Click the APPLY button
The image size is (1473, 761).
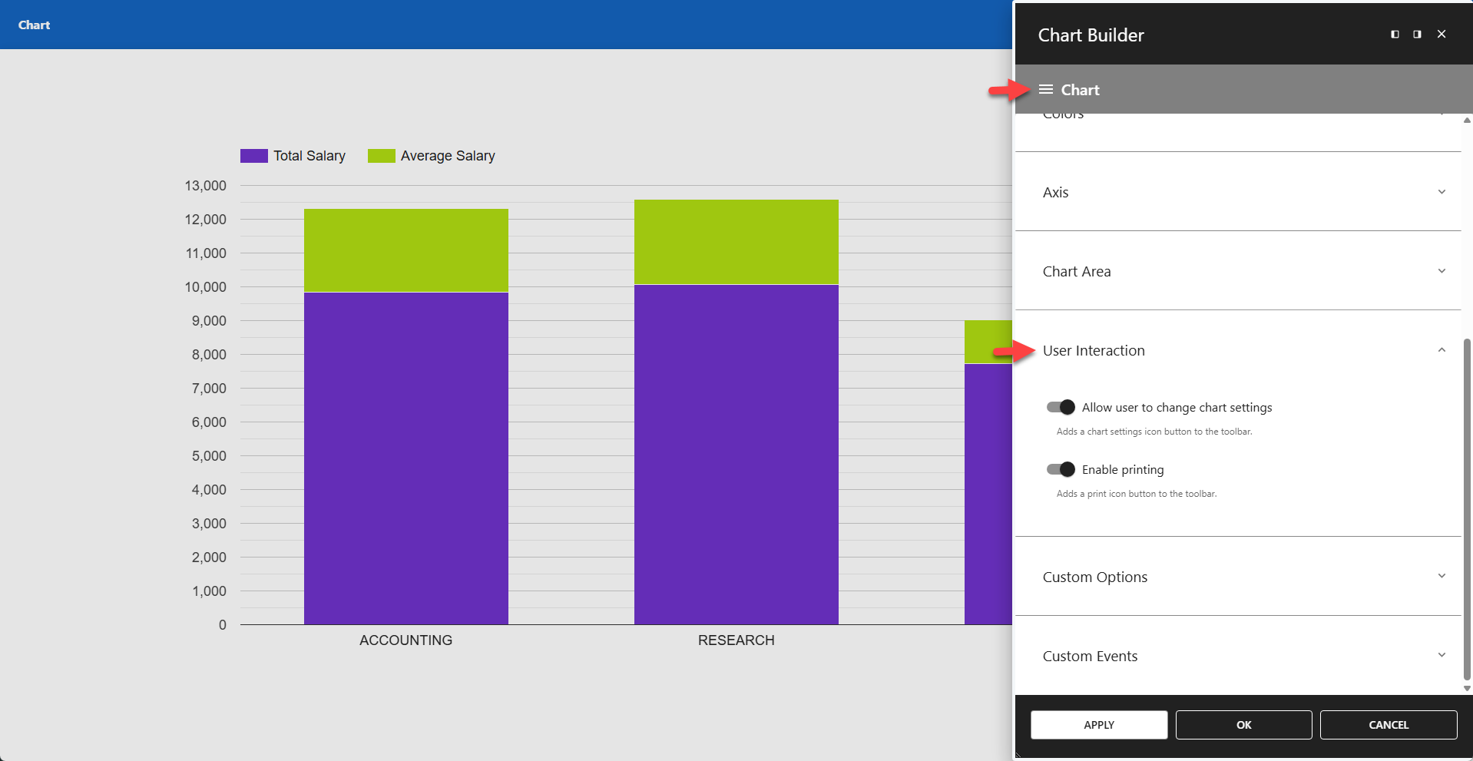pos(1098,725)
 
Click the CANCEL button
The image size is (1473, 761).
pos(1388,725)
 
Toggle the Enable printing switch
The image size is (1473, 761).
pos(1061,469)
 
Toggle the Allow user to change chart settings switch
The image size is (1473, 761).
pos(1061,407)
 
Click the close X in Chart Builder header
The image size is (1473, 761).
pos(1441,34)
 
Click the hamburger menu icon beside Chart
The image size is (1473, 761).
pos(1045,90)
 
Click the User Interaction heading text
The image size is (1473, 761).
pos(1093,351)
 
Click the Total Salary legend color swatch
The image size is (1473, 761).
pos(253,156)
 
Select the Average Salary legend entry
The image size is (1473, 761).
pos(447,156)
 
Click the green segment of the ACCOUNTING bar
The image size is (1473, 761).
pos(405,250)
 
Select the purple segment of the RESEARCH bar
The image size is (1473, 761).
pos(736,453)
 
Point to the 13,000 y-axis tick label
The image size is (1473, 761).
pos(205,186)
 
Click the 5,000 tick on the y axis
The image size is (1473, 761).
pos(209,456)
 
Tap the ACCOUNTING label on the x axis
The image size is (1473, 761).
pos(405,640)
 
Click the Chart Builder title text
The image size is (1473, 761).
pos(1091,35)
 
